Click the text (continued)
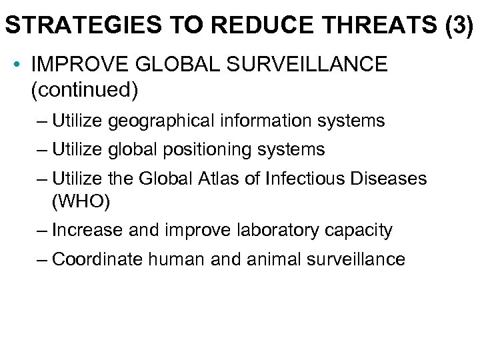(84, 89)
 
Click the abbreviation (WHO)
(77, 200)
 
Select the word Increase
(84, 230)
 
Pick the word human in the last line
(172, 259)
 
